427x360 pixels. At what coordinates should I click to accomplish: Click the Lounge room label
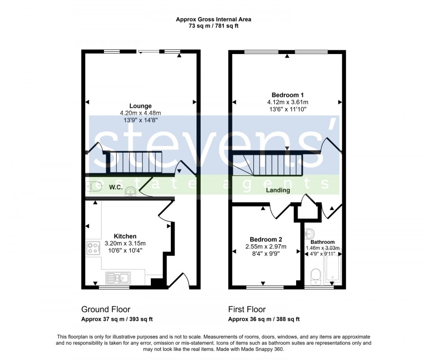[140, 106]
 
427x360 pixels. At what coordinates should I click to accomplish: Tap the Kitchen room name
[125, 236]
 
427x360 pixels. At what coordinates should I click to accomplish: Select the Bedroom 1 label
[288, 95]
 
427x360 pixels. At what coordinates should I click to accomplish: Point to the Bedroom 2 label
[266, 240]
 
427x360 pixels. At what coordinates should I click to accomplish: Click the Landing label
[278, 190]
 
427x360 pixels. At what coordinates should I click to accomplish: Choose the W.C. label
[116, 187]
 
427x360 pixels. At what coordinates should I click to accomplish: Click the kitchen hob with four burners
[93, 248]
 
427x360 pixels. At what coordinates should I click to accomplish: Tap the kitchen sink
[118, 278]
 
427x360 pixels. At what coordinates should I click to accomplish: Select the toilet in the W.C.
[94, 187]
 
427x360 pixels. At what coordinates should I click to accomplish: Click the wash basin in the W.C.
[130, 192]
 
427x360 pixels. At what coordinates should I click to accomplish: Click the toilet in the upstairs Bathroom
[316, 277]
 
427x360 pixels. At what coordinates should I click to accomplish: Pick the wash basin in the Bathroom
[310, 234]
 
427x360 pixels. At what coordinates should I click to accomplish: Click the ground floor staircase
[135, 162]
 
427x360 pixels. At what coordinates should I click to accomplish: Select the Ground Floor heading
[106, 309]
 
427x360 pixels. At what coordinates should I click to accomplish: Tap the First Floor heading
[247, 309]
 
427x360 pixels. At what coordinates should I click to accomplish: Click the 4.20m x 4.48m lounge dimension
[140, 113]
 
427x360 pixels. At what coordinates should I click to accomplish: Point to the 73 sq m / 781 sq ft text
[213, 26]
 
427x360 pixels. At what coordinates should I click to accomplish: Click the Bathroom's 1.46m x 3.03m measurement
[323, 248]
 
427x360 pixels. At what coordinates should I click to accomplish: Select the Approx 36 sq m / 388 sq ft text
[264, 319]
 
